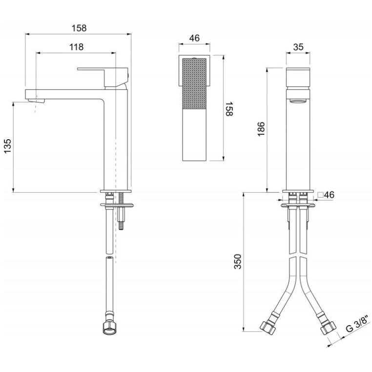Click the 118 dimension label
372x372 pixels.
click(76, 47)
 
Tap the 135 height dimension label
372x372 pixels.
click(8, 146)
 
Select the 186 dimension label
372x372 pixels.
click(261, 129)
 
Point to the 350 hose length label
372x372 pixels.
click(237, 262)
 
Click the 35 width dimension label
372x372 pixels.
click(298, 47)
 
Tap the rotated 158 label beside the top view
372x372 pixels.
click(229, 109)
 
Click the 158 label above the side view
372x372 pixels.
click(79, 28)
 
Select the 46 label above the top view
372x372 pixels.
click(194, 38)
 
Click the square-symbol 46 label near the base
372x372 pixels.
click(326, 195)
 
